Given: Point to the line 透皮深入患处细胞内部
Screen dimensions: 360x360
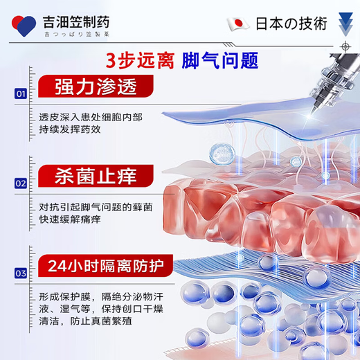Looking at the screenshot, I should (x=91, y=116).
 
